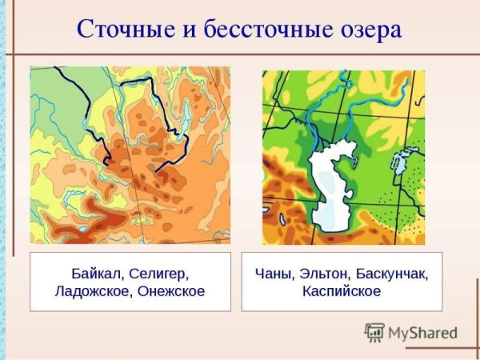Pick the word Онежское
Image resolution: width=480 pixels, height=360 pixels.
171,292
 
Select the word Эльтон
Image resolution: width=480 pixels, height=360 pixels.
325,273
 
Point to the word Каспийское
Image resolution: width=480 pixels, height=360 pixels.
342,292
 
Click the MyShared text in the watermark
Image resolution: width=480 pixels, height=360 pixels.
422,333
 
